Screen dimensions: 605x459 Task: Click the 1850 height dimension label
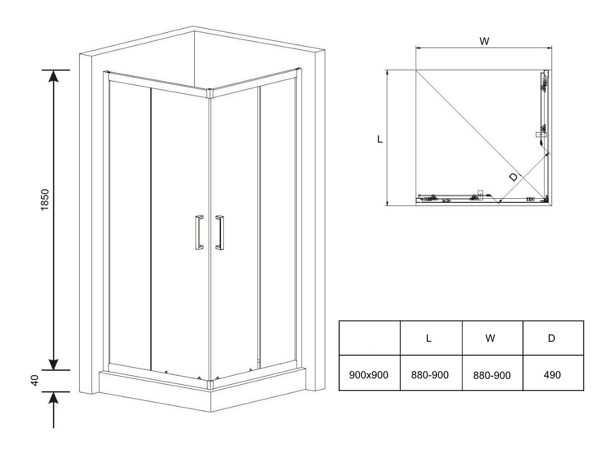coord(44,200)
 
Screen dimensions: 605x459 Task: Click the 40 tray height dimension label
coord(35,380)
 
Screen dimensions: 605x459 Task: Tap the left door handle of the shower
coord(199,232)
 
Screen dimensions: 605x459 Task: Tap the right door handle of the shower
coord(220,232)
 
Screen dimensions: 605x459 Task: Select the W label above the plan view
coord(484,41)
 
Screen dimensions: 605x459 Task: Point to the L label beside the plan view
coord(380,139)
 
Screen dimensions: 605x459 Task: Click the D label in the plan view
coord(513,177)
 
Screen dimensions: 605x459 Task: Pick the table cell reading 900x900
coord(369,375)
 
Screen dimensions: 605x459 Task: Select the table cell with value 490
coord(552,375)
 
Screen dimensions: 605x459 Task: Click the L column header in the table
coord(428,338)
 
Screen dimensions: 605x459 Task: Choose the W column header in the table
coord(490,338)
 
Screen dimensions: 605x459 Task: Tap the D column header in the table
coord(552,338)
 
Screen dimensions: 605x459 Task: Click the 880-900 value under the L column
coord(430,375)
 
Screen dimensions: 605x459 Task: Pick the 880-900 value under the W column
coord(492,375)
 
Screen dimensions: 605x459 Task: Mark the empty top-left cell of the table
coord(370,338)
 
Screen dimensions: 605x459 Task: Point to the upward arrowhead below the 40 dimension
coord(53,397)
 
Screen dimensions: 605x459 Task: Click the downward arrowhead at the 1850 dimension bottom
coord(53,364)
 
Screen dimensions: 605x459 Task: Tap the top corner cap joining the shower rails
coord(210,93)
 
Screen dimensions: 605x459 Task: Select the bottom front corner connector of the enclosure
coord(211,385)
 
